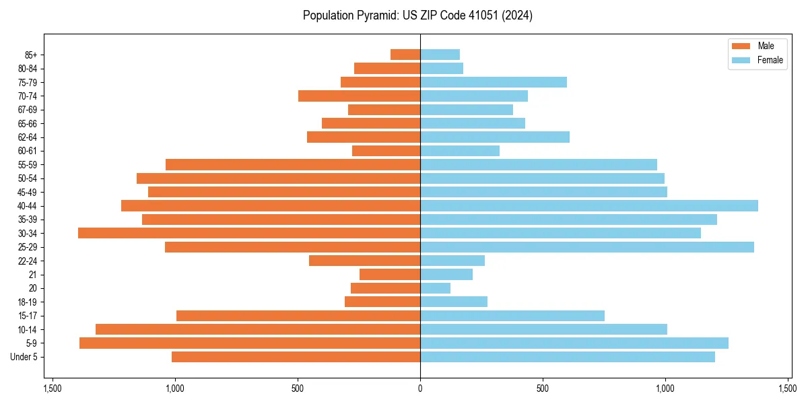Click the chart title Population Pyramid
tap(417, 15)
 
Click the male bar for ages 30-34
tap(249, 233)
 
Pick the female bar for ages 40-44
tap(589, 205)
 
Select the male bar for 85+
tap(405, 55)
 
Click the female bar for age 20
tap(435, 288)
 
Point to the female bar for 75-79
tap(494, 82)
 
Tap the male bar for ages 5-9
tap(250, 343)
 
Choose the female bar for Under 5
tap(568, 357)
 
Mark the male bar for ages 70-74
tap(360, 96)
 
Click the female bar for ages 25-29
tap(587, 247)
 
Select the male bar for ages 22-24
tap(364, 261)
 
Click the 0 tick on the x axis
tap(420, 389)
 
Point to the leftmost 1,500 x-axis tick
tap(53, 389)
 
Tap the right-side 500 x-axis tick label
tap(543, 389)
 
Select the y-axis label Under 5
tap(24, 357)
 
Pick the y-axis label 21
tap(32, 275)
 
